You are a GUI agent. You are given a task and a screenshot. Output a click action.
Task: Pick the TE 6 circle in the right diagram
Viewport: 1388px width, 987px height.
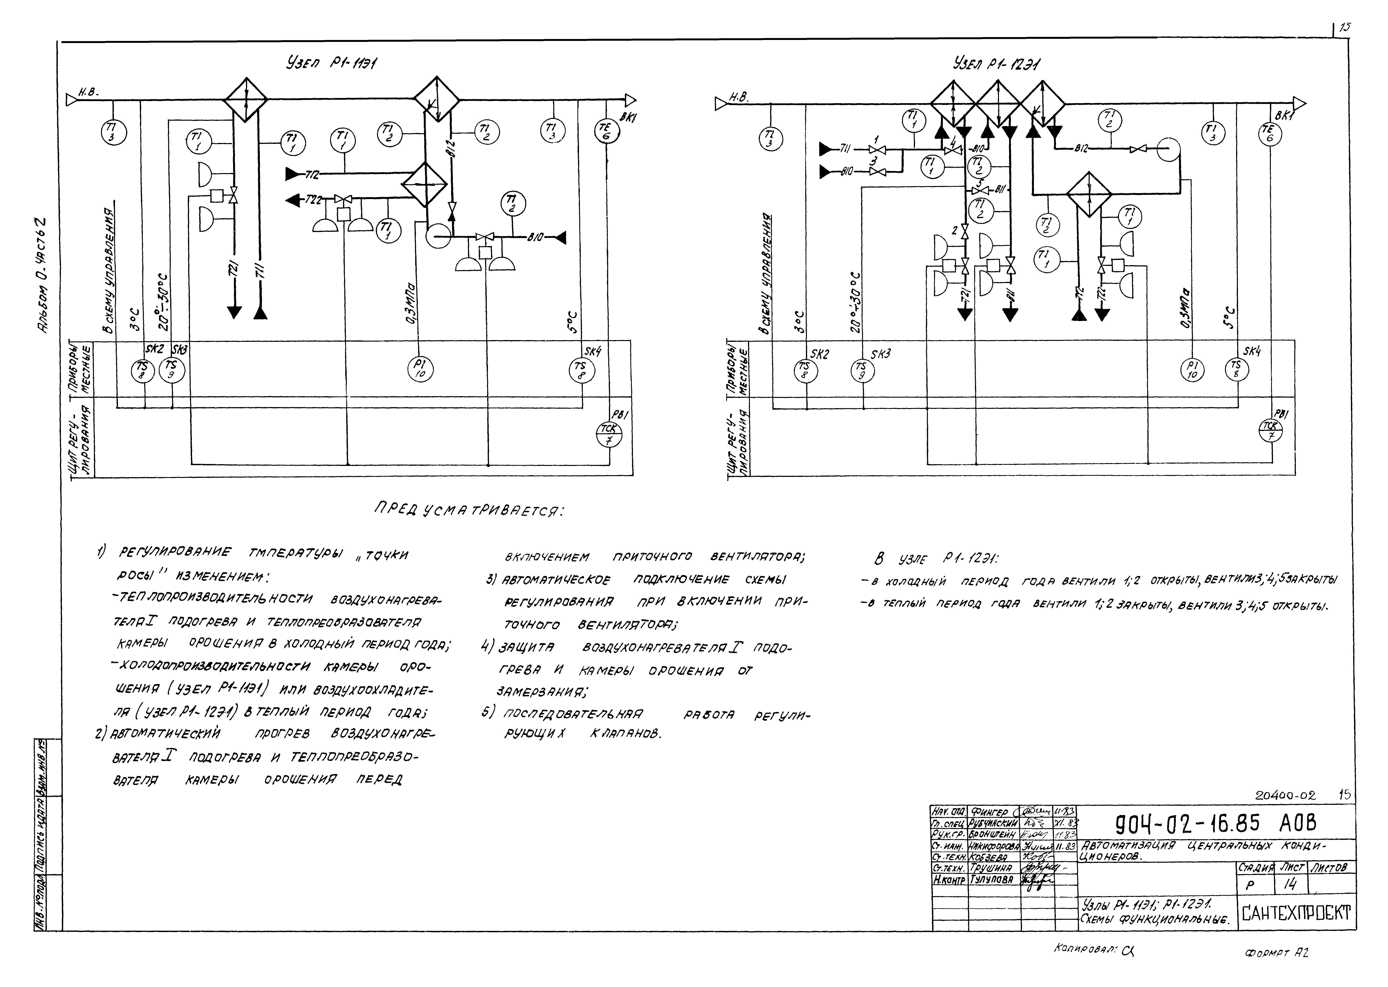(1268, 133)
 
